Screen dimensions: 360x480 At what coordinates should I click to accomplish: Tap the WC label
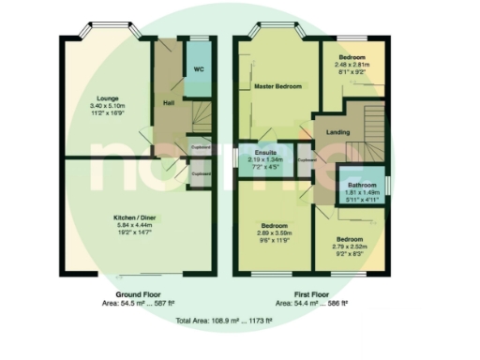click(x=199, y=69)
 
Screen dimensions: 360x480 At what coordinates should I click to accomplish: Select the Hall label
click(x=169, y=102)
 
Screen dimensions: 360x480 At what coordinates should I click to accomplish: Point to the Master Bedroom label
click(x=278, y=86)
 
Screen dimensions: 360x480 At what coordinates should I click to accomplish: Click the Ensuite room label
click(x=259, y=152)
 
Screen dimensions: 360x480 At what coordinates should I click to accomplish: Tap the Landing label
click(x=338, y=132)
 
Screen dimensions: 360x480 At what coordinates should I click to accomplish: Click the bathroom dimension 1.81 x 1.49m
click(x=360, y=193)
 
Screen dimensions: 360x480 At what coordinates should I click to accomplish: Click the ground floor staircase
click(x=203, y=117)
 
